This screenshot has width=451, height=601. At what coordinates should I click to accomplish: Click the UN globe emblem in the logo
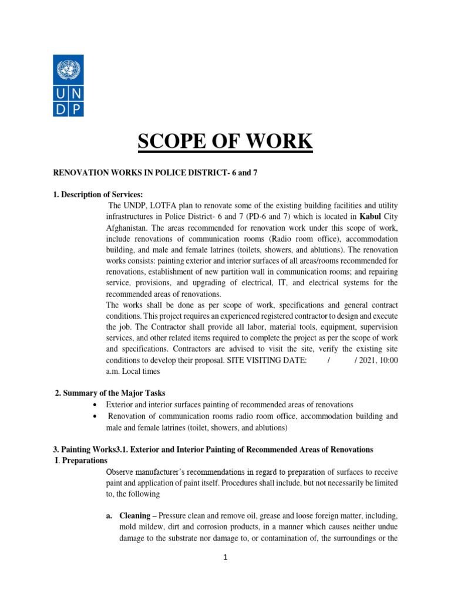click(68, 72)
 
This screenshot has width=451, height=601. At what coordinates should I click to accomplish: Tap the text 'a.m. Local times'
click(133, 371)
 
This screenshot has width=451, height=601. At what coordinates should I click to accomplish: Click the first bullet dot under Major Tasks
click(95, 406)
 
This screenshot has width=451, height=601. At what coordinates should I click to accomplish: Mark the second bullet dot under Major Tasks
click(95, 417)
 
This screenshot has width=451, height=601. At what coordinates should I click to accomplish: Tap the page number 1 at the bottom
click(225, 558)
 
